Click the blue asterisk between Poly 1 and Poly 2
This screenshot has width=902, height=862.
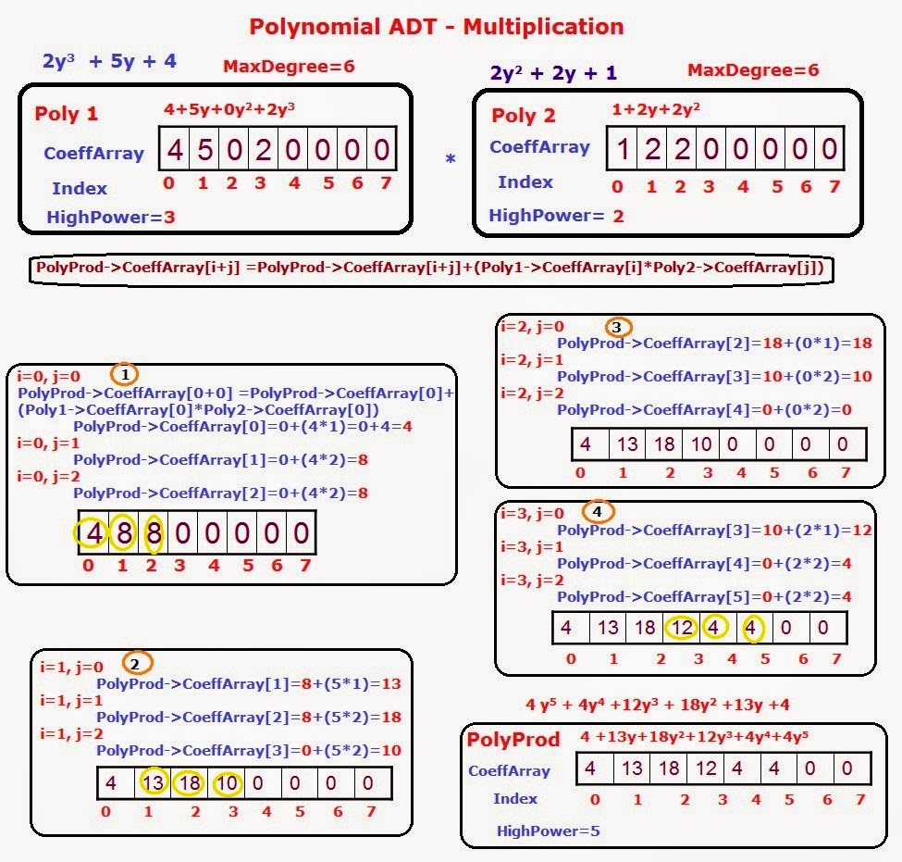[x=451, y=160]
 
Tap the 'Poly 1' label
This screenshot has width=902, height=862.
[x=67, y=114]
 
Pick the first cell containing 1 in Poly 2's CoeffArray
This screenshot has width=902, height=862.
[x=624, y=149]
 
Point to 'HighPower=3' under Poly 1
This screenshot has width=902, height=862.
[x=111, y=219]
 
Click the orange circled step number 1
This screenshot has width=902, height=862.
[x=125, y=374]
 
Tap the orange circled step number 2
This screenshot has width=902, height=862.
[x=136, y=663]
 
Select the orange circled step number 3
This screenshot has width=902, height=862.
[x=619, y=327]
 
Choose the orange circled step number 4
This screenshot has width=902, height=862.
[x=597, y=511]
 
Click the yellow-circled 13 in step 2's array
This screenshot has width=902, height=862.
[x=154, y=783]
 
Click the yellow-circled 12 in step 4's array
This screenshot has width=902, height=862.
[x=682, y=628]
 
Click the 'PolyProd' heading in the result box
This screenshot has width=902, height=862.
[x=513, y=740]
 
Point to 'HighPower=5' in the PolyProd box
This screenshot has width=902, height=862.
[x=549, y=831]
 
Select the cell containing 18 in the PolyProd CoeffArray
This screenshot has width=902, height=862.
[x=669, y=768]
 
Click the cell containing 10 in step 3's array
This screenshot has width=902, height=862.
[x=701, y=444]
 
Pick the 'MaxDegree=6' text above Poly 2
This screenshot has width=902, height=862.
[x=753, y=70]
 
